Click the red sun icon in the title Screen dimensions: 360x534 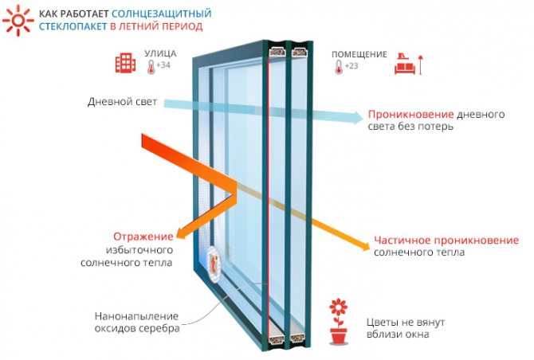click(17, 19)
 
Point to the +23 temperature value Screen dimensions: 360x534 click(351, 65)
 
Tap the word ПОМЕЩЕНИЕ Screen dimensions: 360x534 click(359, 54)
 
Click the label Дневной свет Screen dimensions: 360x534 click(124, 103)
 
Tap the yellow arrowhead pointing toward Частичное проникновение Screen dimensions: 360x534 click(358, 237)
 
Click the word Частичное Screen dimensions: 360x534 click(402, 240)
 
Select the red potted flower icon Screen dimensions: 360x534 click(340, 320)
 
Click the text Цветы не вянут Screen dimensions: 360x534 click(405, 322)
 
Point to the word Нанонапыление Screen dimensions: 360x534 click(136, 315)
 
